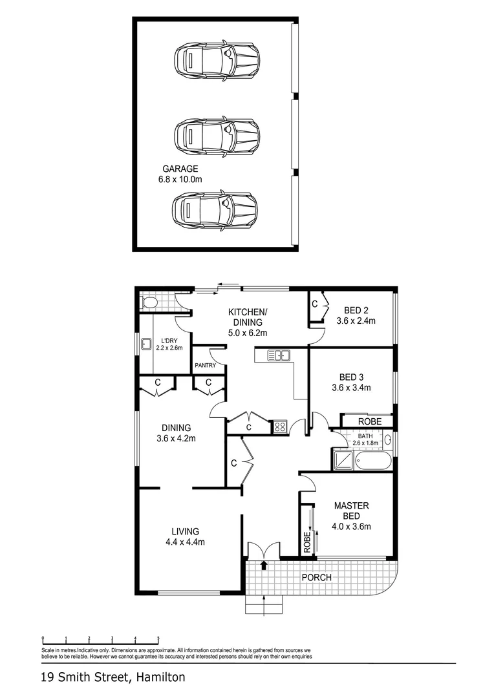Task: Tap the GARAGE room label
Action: coord(180,169)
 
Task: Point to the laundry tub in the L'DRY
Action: coord(147,344)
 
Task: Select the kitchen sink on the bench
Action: coord(281,354)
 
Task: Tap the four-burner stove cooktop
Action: coord(281,425)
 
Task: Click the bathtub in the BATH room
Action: coord(372,461)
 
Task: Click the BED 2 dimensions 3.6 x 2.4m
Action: coord(356,320)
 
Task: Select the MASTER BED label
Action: coord(351,511)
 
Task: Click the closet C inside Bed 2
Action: coord(315,303)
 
